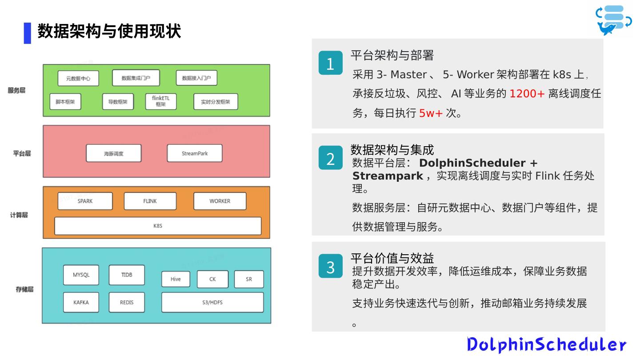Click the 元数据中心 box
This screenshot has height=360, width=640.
click(78, 79)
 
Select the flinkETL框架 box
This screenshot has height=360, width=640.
click(161, 102)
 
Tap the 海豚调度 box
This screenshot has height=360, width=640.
click(113, 153)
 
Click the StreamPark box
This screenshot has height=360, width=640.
click(195, 153)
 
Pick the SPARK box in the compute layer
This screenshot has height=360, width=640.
click(85, 201)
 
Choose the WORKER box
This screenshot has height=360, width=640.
click(220, 201)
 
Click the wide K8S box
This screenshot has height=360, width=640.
click(158, 226)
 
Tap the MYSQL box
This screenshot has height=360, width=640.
click(81, 275)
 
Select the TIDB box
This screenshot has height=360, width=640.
click(127, 275)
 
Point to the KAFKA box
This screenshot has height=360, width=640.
click(81, 302)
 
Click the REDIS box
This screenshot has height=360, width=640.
click(127, 302)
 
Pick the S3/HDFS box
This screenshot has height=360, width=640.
click(212, 302)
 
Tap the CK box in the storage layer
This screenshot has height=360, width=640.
click(212, 279)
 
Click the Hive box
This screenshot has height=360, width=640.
click(176, 279)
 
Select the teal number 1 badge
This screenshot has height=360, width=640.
click(330, 63)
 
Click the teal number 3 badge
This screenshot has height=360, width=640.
click(330, 266)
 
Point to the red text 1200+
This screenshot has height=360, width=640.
click(527, 94)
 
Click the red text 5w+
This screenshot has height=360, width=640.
click(431, 113)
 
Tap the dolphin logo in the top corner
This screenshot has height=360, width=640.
click(614, 20)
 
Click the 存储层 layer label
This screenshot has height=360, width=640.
click(25, 289)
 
